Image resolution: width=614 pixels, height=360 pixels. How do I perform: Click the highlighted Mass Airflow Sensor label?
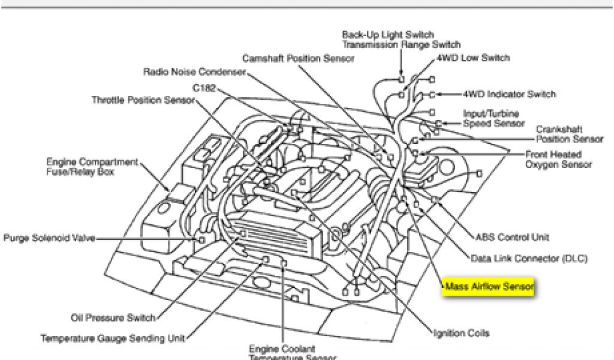pos(489,287)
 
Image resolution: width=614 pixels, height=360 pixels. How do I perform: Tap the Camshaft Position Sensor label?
pos(298,59)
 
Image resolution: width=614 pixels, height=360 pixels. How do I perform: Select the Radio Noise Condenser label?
pos(194,72)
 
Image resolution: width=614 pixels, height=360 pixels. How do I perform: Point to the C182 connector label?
pos(203,88)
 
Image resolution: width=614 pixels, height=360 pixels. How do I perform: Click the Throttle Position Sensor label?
pos(143,100)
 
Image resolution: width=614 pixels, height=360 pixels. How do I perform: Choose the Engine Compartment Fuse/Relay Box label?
pos(92,167)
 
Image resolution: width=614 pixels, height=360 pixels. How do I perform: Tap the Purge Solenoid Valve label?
pos(49,238)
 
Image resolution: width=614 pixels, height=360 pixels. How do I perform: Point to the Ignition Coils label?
pos(461,333)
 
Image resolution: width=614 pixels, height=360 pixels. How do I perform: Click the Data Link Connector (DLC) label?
pos(529,259)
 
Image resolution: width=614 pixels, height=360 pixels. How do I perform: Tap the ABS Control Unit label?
pos(511,238)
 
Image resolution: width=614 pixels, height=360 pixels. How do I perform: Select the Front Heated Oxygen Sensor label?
pos(558,159)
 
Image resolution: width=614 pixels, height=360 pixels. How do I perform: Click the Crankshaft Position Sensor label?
pos(569,134)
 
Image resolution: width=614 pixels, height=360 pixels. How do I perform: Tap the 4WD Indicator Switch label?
pos(509,94)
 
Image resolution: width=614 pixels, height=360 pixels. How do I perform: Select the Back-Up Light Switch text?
pos(387,35)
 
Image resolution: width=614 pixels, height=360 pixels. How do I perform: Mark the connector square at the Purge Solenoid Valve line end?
pos(201,239)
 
